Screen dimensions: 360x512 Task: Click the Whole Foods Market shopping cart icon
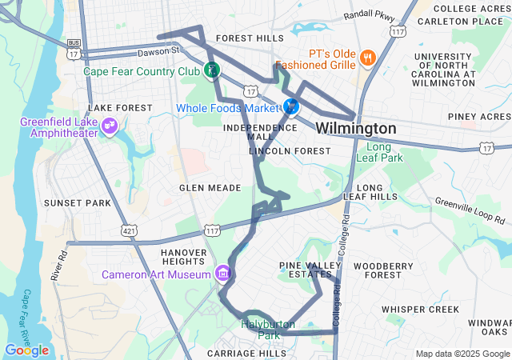click(x=292, y=106)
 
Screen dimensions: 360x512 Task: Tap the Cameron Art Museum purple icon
click(x=223, y=274)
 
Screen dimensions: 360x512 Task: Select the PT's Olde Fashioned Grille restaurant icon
click(x=368, y=57)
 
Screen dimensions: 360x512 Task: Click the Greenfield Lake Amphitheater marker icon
click(x=110, y=126)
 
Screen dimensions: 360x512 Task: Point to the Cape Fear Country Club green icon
click(x=211, y=70)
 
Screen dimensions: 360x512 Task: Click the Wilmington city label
click(x=355, y=129)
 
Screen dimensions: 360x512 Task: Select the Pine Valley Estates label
click(x=310, y=270)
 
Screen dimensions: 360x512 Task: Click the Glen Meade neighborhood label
click(x=210, y=187)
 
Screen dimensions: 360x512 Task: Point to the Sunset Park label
click(x=77, y=203)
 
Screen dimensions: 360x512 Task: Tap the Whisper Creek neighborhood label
click(x=420, y=309)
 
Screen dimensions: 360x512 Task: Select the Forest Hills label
click(x=250, y=38)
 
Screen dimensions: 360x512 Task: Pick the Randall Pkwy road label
click(x=369, y=15)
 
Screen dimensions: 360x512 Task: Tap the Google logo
click(x=26, y=350)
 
